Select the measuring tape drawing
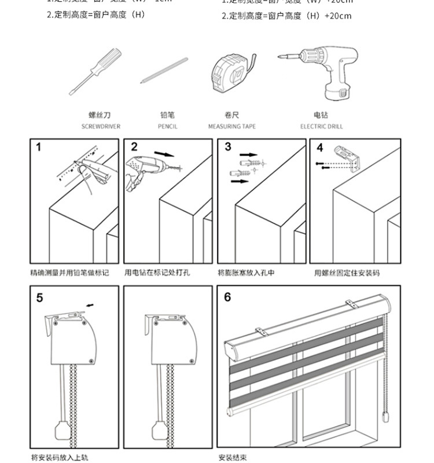pyautogui.click(x=231, y=72)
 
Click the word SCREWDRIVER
pyautogui.click(x=101, y=126)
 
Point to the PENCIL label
pyautogui.click(x=168, y=126)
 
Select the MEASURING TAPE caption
pyautogui.click(x=232, y=126)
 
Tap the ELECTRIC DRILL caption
pyautogui.click(x=321, y=126)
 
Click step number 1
pyautogui.click(x=39, y=147)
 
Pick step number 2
pyautogui.click(x=134, y=147)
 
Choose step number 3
pyautogui.click(x=228, y=147)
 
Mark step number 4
pyautogui.click(x=320, y=148)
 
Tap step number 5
pyautogui.click(x=39, y=298)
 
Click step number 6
pyautogui.click(x=227, y=297)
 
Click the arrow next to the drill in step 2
pyautogui.click(x=166, y=155)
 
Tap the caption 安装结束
pyautogui.click(x=233, y=457)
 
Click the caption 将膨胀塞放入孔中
pyautogui.click(x=246, y=273)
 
